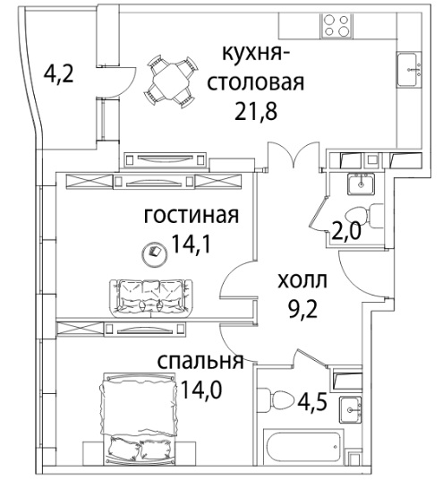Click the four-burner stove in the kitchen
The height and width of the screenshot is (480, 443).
click(337, 26)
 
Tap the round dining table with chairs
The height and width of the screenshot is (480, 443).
click(170, 81)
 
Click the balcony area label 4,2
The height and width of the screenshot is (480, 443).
click(59, 74)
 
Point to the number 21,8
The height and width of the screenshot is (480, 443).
click(256, 111)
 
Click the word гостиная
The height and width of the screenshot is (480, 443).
click(192, 216)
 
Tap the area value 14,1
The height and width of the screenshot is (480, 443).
click(192, 244)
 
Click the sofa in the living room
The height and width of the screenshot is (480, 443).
click(151, 298)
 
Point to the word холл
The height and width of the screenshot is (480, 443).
click(302, 280)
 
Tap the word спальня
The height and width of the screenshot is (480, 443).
click(200, 362)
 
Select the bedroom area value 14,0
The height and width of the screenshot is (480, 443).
click(200, 390)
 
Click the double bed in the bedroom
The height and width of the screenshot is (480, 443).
click(139, 418)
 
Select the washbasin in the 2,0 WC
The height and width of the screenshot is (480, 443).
click(361, 184)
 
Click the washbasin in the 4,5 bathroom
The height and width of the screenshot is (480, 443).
click(351, 409)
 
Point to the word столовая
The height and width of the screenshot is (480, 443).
click(256, 82)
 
